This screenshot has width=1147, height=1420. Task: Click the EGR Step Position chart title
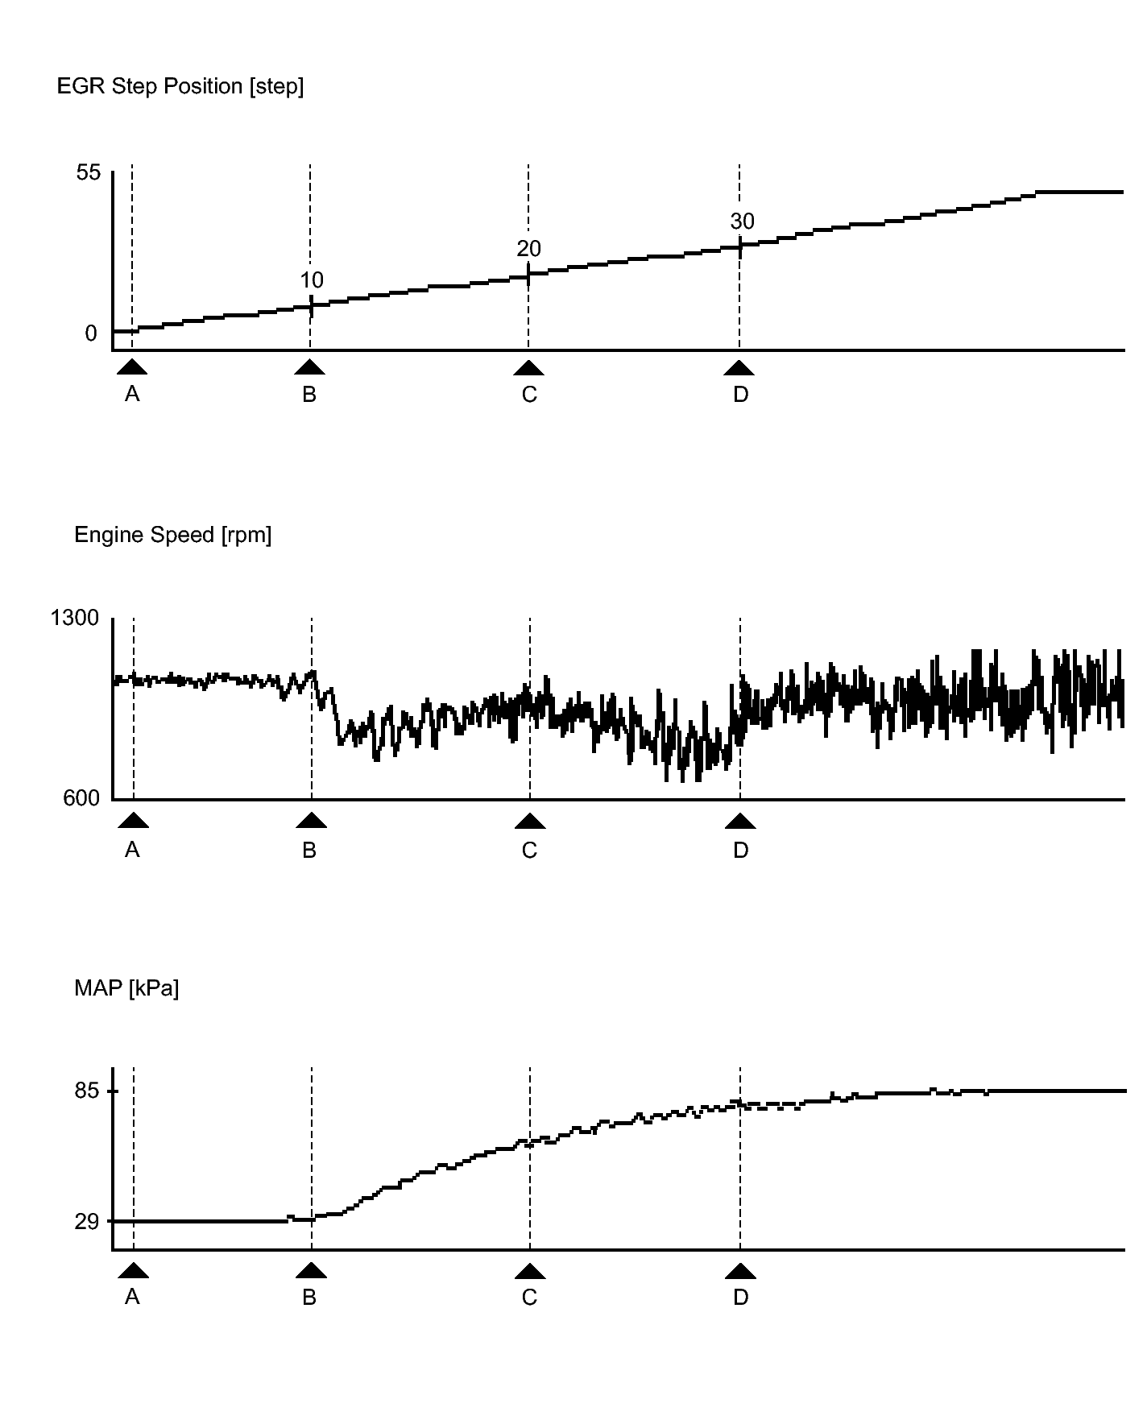click(x=180, y=86)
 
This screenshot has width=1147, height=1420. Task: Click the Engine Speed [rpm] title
click(x=172, y=535)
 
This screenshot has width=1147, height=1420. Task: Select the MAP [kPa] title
click(x=126, y=988)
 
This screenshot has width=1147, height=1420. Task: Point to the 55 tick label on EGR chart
click(x=89, y=172)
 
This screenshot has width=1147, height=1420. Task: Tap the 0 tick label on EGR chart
click(x=91, y=333)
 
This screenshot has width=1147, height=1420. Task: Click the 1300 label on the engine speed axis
click(x=75, y=618)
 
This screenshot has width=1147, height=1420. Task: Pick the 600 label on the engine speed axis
click(x=81, y=798)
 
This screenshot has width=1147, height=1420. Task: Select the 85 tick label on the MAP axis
click(x=87, y=1091)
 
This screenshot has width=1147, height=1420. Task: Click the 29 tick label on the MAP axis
click(x=87, y=1222)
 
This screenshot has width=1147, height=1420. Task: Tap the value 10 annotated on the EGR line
click(x=312, y=280)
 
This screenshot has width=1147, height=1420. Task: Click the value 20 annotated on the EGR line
click(x=529, y=249)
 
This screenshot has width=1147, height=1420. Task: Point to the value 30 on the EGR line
click(x=742, y=221)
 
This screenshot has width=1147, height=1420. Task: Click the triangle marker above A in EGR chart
click(x=132, y=368)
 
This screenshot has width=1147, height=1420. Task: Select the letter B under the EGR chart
click(x=309, y=395)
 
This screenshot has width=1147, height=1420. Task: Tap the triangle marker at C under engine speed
click(x=529, y=821)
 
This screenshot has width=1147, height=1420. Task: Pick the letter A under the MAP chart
click(x=132, y=1298)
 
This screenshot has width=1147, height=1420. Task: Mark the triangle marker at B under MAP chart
click(x=311, y=1271)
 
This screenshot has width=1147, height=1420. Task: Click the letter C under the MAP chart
click(x=529, y=1298)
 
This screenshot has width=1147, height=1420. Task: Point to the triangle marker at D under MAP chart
click(x=740, y=1271)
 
